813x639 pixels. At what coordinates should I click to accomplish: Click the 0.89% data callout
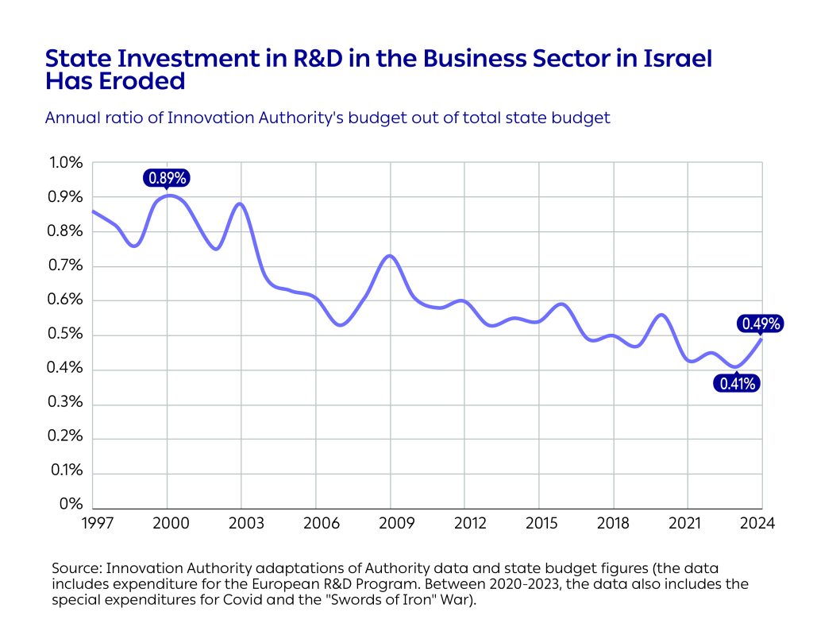pos(167,179)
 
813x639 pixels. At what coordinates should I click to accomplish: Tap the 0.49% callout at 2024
pos(761,323)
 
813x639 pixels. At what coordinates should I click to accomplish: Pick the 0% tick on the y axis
pos(72,505)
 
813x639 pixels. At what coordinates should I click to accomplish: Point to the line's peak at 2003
pos(241,203)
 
